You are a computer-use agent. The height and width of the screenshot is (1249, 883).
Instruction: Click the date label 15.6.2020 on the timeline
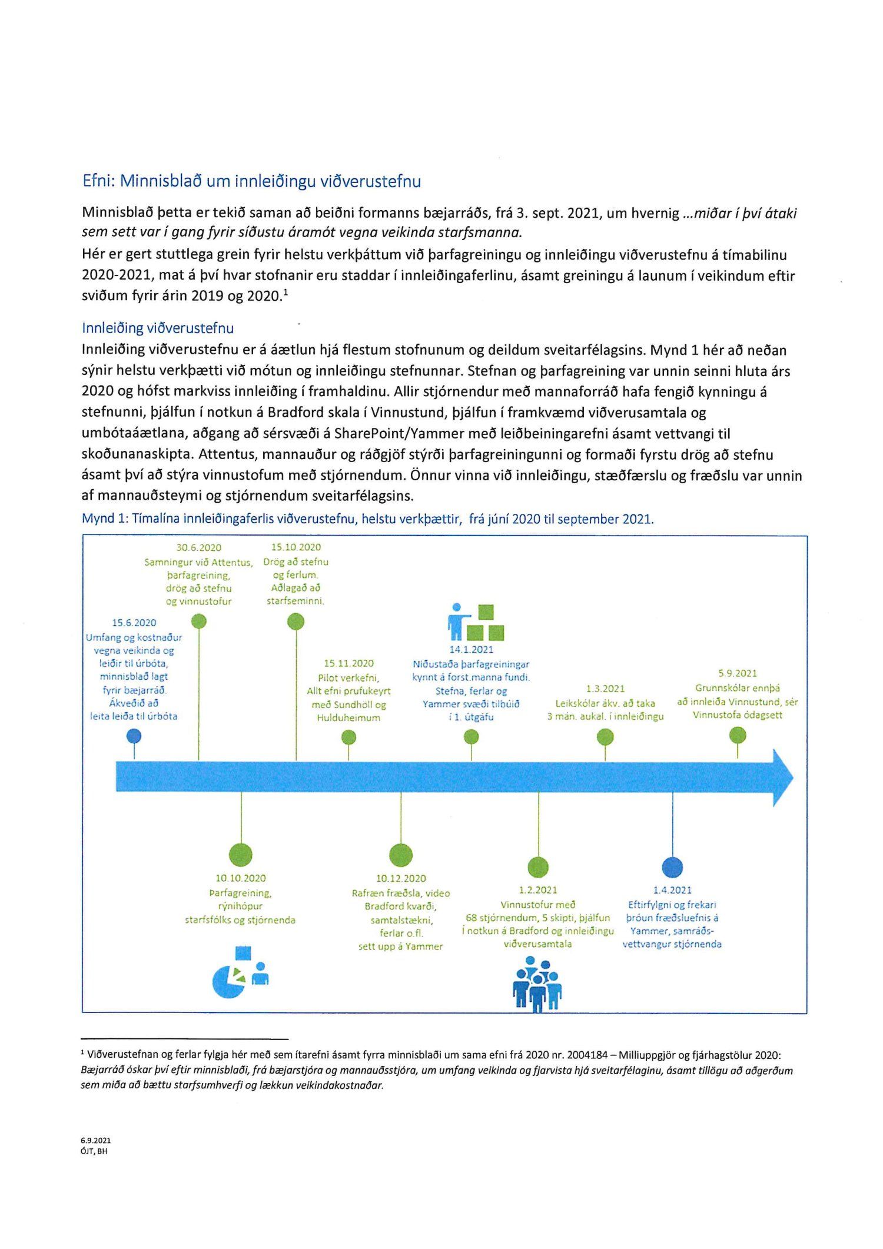pyautogui.click(x=134, y=623)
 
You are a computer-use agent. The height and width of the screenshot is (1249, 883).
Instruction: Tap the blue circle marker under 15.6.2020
pyautogui.click(x=134, y=736)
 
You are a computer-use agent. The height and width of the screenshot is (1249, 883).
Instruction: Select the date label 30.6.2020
pyautogui.click(x=199, y=547)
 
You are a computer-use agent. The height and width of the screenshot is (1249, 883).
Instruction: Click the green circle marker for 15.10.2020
pyautogui.click(x=296, y=622)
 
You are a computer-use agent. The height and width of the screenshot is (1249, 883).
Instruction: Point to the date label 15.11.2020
pyautogui.click(x=348, y=663)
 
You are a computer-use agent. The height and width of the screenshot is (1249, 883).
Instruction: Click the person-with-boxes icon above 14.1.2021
pyautogui.click(x=476, y=622)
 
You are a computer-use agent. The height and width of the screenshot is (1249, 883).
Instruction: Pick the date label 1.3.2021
pyautogui.click(x=605, y=689)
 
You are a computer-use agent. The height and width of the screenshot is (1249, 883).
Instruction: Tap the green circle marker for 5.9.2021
pyautogui.click(x=738, y=735)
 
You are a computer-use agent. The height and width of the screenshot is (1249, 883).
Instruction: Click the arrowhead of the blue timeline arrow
pyautogui.click(x=782, y=778)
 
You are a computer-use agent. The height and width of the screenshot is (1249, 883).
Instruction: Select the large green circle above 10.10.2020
pyautogui.click(x=240, y=855)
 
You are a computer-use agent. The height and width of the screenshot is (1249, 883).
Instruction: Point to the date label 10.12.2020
pyautogui.click(x=401, y=878)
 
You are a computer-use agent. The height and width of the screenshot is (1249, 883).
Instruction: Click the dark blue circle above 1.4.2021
pyautogui.click(x=672, y=867)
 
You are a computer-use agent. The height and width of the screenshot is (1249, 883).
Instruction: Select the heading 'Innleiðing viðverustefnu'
pyautogui.click(x=158, y=328)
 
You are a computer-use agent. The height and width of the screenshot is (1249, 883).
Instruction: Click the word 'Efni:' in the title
pyautogui.click(x=98, y=181)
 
